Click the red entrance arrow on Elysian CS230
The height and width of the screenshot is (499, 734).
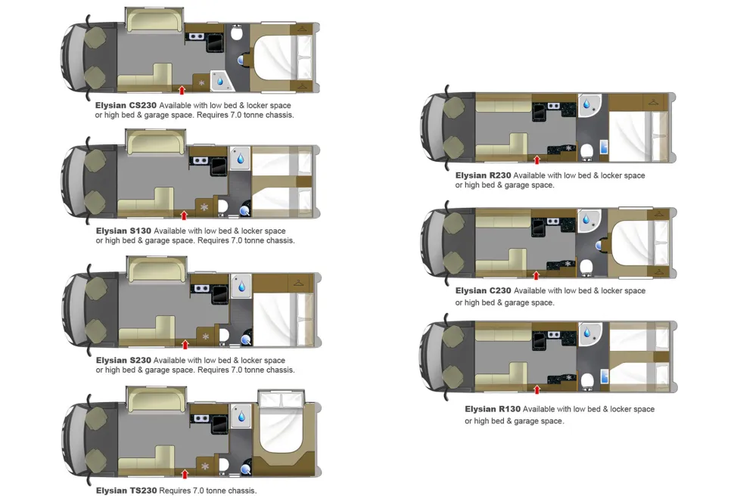182,90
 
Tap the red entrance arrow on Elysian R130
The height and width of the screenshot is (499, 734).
537,389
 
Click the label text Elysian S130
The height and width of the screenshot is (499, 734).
123,231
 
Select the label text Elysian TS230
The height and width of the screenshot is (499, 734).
126,491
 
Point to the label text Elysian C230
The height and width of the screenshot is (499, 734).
483,290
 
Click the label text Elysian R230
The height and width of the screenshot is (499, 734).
483,175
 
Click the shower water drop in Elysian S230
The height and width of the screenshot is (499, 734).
241,287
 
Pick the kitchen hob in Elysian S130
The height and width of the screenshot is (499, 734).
201,160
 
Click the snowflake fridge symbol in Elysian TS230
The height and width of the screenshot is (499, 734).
205,466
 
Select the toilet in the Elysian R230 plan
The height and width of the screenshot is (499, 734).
586,151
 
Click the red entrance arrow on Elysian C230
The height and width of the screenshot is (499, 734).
537,275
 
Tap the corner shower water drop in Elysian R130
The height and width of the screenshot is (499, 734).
587,333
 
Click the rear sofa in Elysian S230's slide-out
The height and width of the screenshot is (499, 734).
157,270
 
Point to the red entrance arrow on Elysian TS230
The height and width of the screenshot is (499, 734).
185,474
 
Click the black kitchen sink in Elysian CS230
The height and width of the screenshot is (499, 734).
216,42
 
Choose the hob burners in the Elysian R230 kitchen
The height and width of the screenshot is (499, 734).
553,106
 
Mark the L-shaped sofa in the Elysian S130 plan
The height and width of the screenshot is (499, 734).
145,202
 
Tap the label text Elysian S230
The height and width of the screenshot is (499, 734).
123,360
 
